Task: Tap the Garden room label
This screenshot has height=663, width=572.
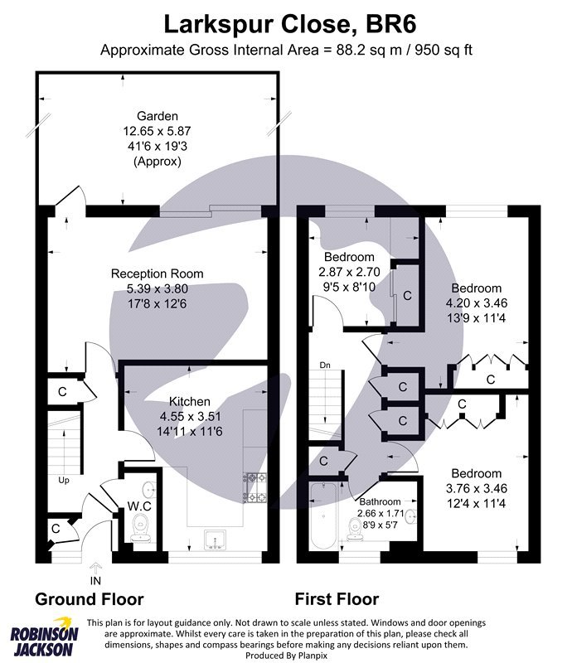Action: click(x=158, y=117)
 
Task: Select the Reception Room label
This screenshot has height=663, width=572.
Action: click(x=158, y=273)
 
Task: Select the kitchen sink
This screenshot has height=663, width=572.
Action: click(x=215, y=541)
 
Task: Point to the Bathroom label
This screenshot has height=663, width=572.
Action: click(x=380, y=501)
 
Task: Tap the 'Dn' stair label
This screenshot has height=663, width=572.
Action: click(x=325, y=365)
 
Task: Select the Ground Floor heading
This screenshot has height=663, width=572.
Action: click(x=89, y=599)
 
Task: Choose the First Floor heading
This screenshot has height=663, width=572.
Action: click(x=337, y=599)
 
